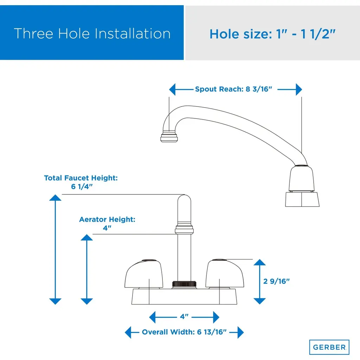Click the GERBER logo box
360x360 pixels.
[329, 347]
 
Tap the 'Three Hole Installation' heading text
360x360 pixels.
[92, 33]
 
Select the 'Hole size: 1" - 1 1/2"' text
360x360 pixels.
[272, 34]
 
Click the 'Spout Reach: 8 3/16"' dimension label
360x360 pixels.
[233, 89]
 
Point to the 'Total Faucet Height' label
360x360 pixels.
[81, 178]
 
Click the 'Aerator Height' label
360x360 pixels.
[107, 219]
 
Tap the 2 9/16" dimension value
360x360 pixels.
[276, 281]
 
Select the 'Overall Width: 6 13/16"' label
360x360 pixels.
[184, 332]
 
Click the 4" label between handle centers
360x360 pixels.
[184, 317]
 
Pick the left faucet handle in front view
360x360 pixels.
[144, 274]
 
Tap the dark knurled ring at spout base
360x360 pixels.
[184, 284]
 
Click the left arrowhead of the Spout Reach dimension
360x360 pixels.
[172, 89]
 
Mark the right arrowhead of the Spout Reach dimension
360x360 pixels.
[299, 89]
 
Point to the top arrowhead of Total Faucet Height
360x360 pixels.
[55, 198]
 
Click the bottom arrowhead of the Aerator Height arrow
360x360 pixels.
[87, 301]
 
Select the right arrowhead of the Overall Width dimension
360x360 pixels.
[240, 332]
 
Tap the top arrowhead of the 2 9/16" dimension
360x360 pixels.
[260, 262]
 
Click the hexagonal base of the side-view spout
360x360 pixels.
[302, 199]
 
